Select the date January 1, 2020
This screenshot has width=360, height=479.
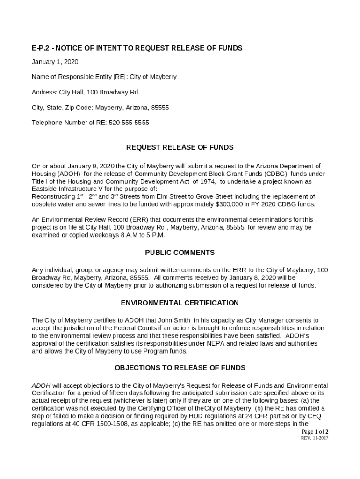[x=55, y=62]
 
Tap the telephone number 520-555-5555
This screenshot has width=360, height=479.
[x=129, y=123]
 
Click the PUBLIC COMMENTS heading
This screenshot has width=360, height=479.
[x=180, y=253]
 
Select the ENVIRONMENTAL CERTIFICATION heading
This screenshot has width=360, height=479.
[x=180, y=303]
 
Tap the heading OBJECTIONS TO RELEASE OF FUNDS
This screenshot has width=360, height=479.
[x=180, y=368]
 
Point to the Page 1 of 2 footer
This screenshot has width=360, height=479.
[x=315, y=432]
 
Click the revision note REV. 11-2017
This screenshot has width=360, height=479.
[x=314, y=438]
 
